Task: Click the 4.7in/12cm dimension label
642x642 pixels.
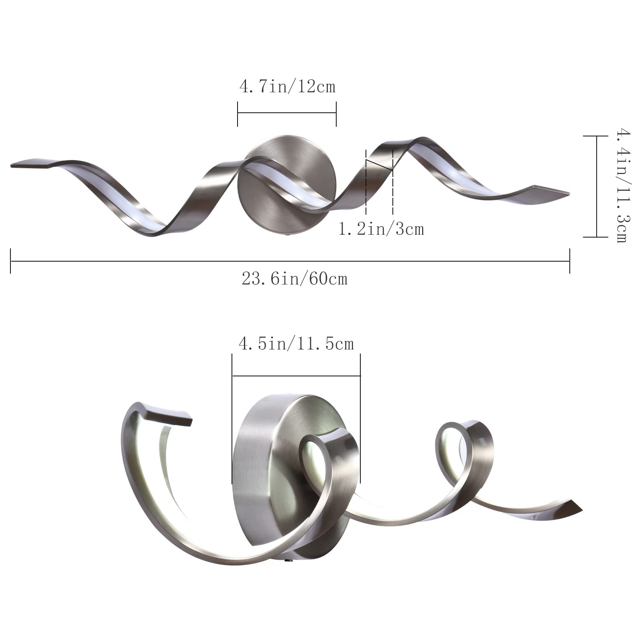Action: pyautogui.click(x=287, y=87)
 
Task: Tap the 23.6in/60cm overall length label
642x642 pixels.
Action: pyautogui.click(x=295, y=278)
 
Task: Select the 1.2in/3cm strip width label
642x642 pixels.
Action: pyautogui.click(x=381, y=229)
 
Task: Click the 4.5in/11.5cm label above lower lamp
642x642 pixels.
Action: pyautogui.click(x=296, y=344)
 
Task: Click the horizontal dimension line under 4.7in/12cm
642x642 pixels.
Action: pyautogui.click(x=287, y=114)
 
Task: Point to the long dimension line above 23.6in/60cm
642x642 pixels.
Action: pyautogui.click(x=290, y=261)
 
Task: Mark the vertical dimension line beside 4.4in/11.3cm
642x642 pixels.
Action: pyautogui.click(x=597, y=187)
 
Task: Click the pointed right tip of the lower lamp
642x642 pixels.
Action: pyautogui.click(x=576, y=506)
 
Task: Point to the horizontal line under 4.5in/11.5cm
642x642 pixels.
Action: pyautogui.click(x=296, y=376)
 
